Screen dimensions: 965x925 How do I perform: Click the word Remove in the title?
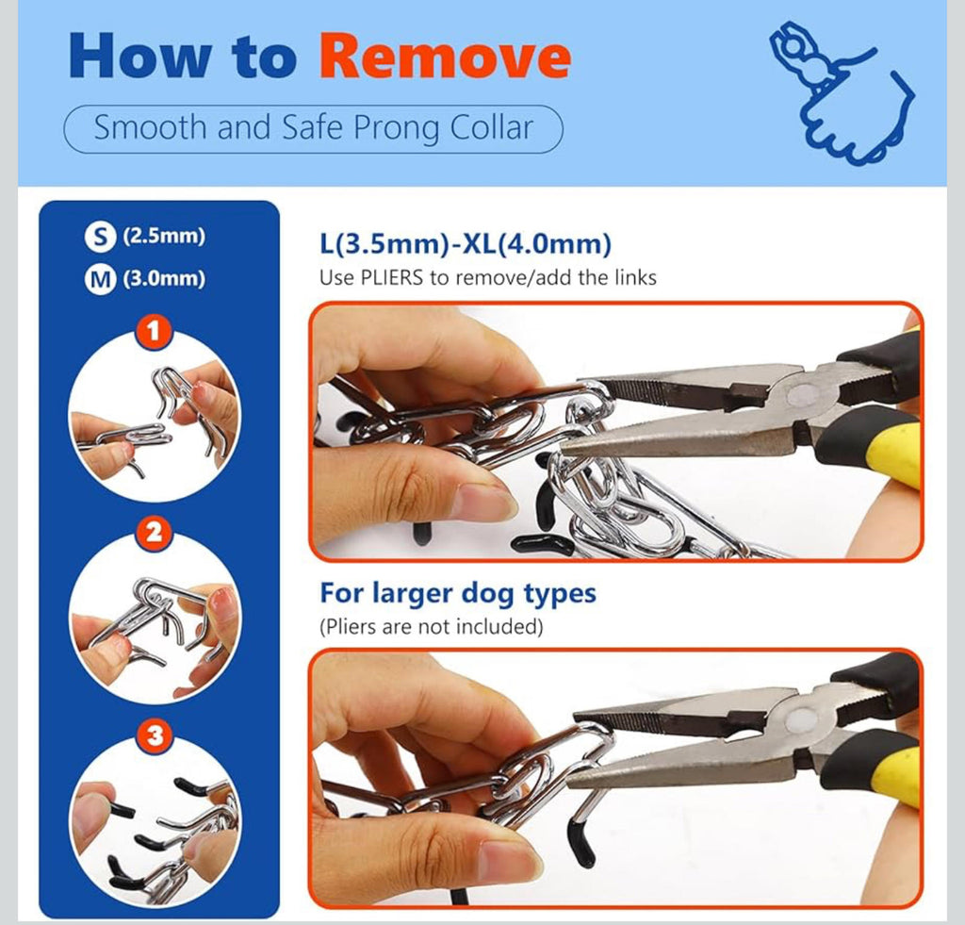pyautogui.click(x=445, y=56)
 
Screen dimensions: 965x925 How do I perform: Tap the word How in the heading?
pyautogui.click(x=139, y=56)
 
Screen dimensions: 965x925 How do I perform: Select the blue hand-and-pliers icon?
pyautogui.click(x=842, y=93)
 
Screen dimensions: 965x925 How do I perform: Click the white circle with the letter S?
pyautogui.click(x=100, y=237)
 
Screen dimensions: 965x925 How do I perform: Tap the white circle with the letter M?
pyautogui.click(x=100, y=280)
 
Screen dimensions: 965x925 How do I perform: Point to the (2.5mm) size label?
pyautogui.click(x=164, y=236)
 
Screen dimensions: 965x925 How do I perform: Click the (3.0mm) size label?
pyautogui.click(x=164, y=278)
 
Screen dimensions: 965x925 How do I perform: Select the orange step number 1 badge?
pyautogui.click(x=154, y=331)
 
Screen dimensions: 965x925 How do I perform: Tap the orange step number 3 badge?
pyautogui.click(x=154, y=735)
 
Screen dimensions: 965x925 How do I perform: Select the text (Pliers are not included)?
pyautogui.click(x=431, y=627)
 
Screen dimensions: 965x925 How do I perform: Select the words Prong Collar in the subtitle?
pyautogui.click(x=443, y=128)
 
